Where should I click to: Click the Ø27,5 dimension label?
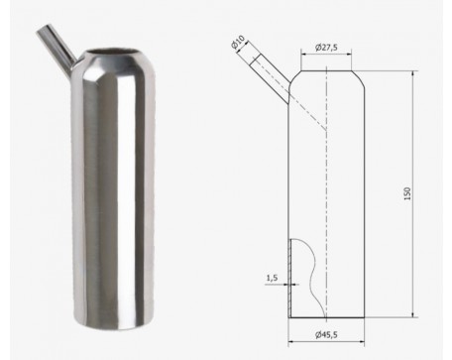click(326, 48)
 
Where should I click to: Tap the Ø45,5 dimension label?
click(326, 335)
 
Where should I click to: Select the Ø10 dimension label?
click(238, 43)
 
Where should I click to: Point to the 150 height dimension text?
click(407, 193)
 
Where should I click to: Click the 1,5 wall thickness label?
click(272, 278)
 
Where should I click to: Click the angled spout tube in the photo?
click(57, 48)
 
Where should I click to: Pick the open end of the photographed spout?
click(44, 29)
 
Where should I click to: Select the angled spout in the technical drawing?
click(271, 78)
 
